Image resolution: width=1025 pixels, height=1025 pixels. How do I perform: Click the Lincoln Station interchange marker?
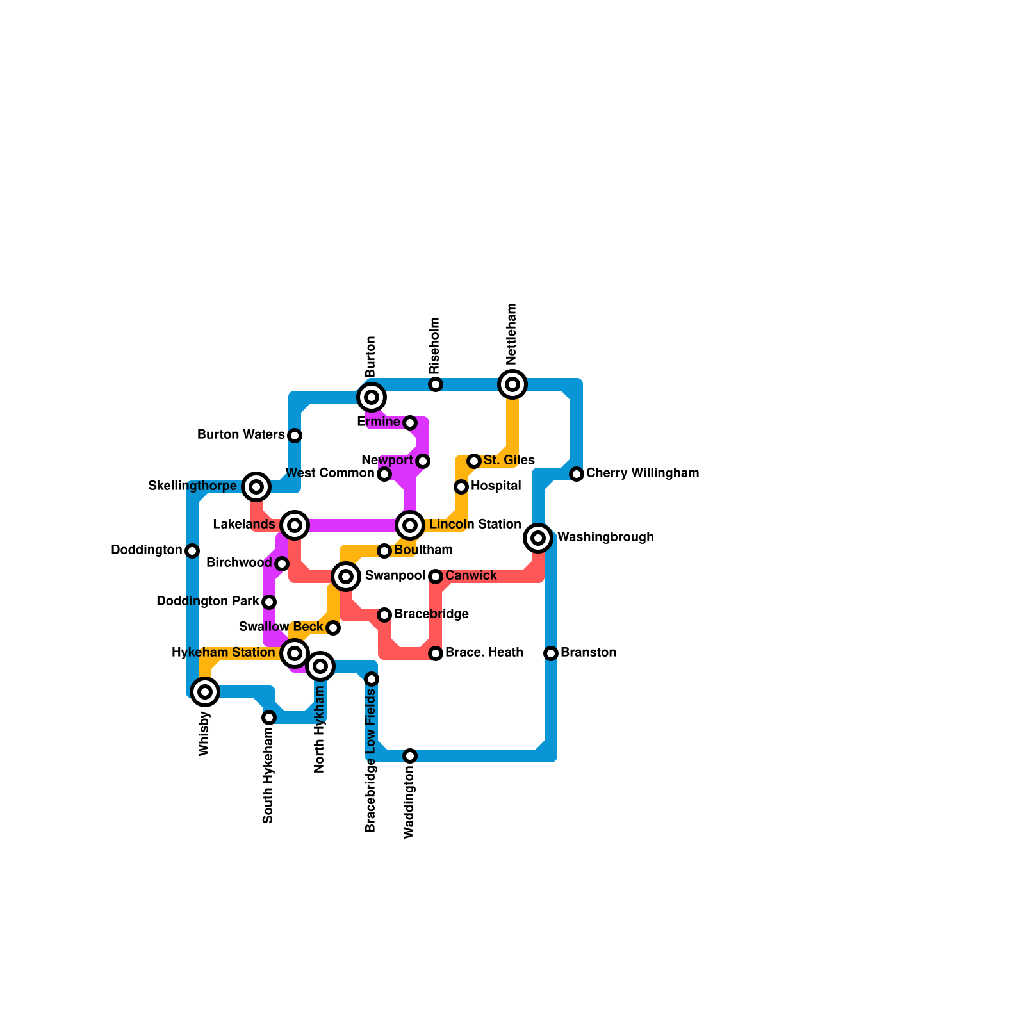pyautogui.click(x=410, y=525)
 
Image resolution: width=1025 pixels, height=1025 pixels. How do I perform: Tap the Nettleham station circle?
pyautogui.click(x=512, y=384)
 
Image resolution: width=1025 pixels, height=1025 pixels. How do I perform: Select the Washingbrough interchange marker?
pyautogui.click(x=538, y=538)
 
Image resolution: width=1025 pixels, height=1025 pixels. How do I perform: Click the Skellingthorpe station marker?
pyautogui.click(x=256, y=487)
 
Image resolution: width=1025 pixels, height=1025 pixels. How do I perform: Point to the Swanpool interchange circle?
pyautogui.click(x=346, y=577)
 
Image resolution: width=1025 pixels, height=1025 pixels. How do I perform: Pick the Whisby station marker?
pyautogui.click(x=205, y=692)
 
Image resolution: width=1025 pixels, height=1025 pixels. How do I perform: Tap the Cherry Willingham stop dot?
pyautogui.click(x=577, y=474)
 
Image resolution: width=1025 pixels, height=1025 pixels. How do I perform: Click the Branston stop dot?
pyautogui.click(x=551, y=653)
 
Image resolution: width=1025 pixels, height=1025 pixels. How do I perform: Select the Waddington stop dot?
pyautogui.click(x=410, y=756)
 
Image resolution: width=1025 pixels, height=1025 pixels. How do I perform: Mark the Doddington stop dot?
pyautogui.click(x=192, y=551)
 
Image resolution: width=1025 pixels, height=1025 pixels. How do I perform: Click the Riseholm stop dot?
pyautogui.click(x=436, y=384)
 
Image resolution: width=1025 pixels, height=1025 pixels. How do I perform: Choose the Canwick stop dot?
pyautogui.click(x=436, y=577)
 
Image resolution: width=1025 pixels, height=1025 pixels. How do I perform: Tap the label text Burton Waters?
pyautogui.click(x=241, y=435)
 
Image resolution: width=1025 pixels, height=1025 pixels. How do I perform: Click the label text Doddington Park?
pyautogui.click(x=208, y=602)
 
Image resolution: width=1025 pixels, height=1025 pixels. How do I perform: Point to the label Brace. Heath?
pyautogui.click(x=484, y=653)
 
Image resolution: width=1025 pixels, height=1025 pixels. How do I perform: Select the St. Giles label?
pyautogui.click(x=509, y=461)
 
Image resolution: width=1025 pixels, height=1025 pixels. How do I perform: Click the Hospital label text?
pyautogui.click(x=496, y=486)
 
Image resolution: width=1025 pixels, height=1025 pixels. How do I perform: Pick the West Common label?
pyautogui.click(x=329, y=473)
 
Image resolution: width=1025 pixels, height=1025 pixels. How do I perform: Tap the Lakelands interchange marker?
pyautogui.click(x=295, y=525)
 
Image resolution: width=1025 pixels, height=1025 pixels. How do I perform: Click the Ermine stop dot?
pyautogui.click(x=410, y=423)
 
